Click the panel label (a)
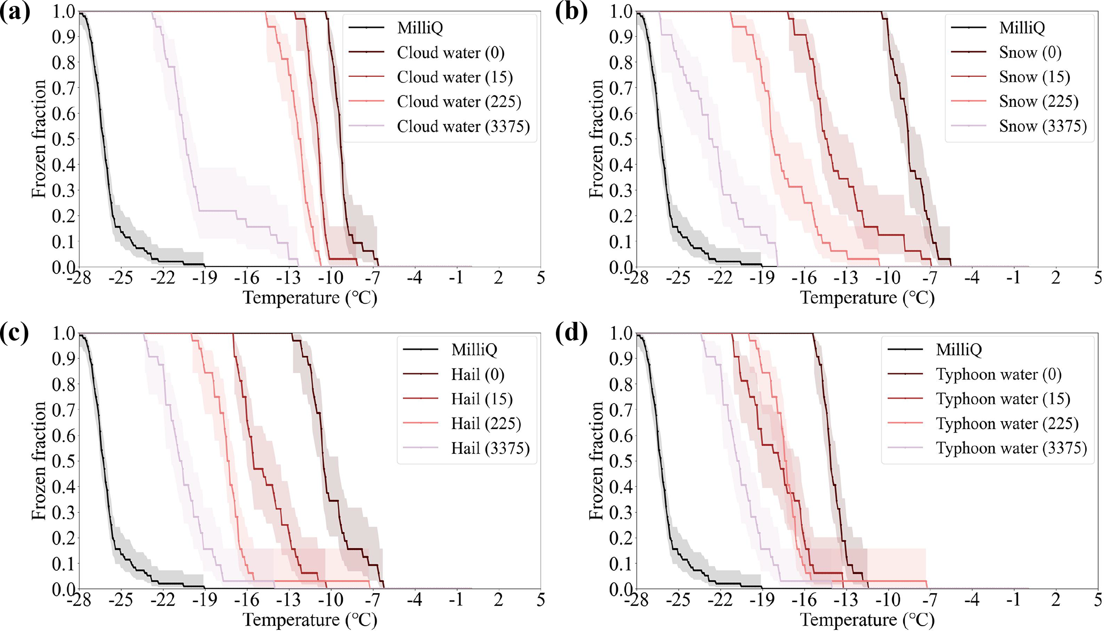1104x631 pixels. [x=15, y=12]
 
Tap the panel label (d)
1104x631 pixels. [x=571, y=334]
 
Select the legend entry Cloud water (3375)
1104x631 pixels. [x=463, y=127]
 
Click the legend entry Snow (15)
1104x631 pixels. [x=1035, y=77]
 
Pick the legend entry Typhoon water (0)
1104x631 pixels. [x=998, y=375]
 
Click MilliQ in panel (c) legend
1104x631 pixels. [x=474, y=350]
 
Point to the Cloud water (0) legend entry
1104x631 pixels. [x=450, y=53]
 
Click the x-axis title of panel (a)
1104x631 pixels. [x=310, y=297]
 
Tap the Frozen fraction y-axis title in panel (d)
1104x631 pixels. [x=596, y=461]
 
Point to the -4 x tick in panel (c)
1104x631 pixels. [x=414, y=600]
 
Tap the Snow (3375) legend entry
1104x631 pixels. [x=1043, y=127]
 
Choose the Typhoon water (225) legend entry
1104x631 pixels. [x=1007, y=424]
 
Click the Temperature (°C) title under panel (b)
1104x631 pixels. [x=867, y=297]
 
